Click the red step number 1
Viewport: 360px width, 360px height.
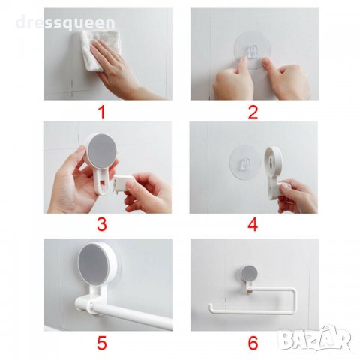tap(103, 112)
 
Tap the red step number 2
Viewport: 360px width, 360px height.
tap(253, 112)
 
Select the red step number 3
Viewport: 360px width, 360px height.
tap(102, 224)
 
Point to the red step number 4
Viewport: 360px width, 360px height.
tap(253, 224)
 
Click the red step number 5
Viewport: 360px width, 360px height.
tap(102, 343)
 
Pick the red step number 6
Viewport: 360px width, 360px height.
tap(253, 343)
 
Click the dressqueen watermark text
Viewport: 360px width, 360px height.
tap(65, 23)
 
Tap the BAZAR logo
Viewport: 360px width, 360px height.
tap(314, 338)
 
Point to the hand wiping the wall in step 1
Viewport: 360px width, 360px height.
tap(118, 67)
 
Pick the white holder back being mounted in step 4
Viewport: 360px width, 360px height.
tap(273, 172)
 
